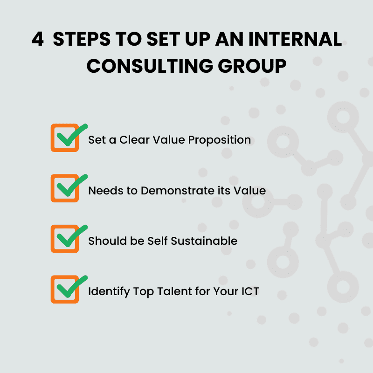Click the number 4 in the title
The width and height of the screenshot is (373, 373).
point(38,39)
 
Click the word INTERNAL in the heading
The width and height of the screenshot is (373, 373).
point(295,39)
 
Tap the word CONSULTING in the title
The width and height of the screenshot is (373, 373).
point(150,66)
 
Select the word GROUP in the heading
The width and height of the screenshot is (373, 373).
point(252,66)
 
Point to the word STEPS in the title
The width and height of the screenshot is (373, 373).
point(82,39)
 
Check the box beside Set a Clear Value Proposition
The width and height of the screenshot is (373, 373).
point(65,138)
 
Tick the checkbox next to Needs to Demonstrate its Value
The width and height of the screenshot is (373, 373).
point(65,188)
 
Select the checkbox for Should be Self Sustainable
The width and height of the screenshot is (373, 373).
point(65,239)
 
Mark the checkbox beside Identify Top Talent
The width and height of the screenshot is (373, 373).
point(65,289)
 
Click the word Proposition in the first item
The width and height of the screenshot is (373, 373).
point(219,140)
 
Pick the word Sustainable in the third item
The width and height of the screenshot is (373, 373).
point(204,241)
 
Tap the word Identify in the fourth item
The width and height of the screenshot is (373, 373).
point(109,292)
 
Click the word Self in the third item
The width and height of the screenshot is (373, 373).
point(158,241)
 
